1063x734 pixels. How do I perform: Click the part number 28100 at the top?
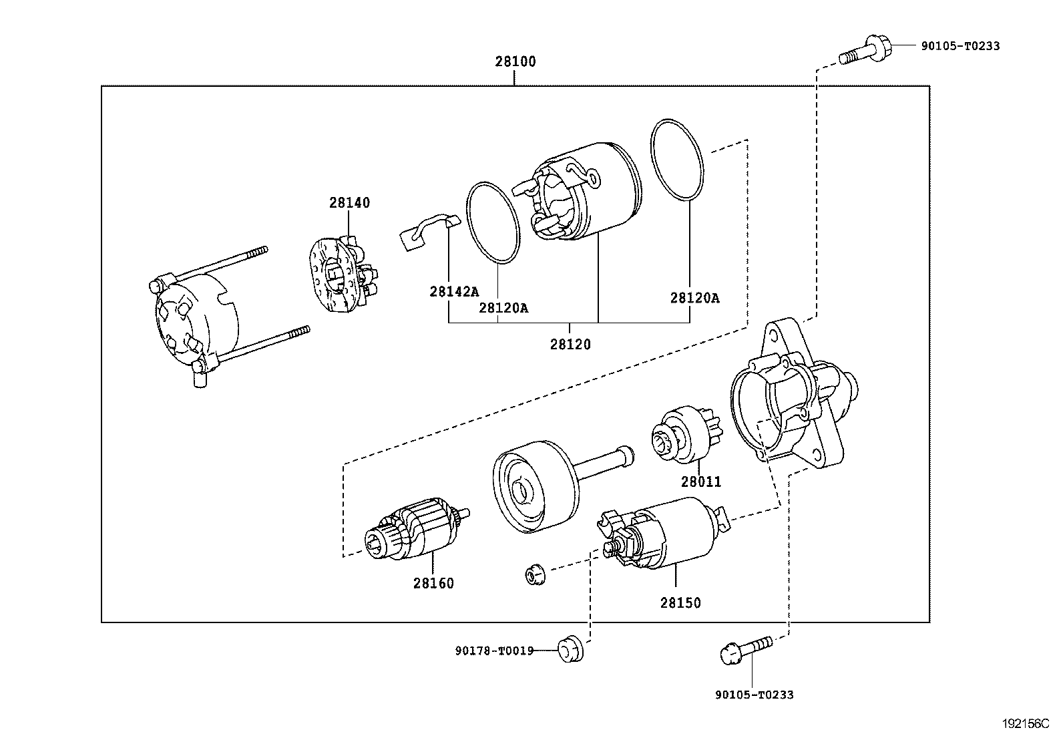tap(515, 61)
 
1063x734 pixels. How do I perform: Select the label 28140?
tap(350, 203)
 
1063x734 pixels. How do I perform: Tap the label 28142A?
tap(454, 291)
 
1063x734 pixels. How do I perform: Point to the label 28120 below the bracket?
tap(570, 344)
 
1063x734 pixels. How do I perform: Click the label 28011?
tap(701, 482)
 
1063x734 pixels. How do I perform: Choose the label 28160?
tap(433, 583)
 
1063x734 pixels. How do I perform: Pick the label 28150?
tap(680, 603)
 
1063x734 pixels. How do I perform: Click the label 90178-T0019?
tap(495, 651)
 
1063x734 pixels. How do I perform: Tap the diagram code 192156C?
tap(1026, 723)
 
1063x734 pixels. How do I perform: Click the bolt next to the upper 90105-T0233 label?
tap(865, 50)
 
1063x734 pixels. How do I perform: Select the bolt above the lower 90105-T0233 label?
tap(746, 650)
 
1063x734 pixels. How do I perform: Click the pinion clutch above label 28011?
tap(686, 434)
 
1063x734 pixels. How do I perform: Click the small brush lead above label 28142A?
tap(429, 232)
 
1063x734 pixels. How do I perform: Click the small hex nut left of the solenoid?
tap(536, 576)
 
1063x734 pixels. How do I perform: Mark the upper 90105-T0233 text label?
tap(960, 46)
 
